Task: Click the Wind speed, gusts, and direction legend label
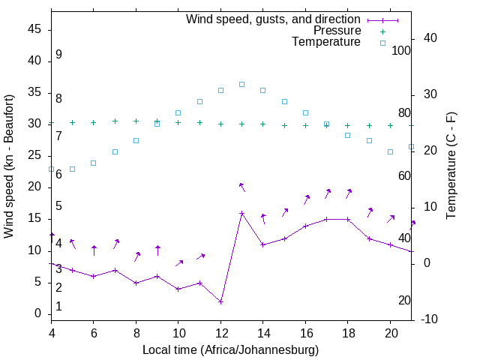point(274,19)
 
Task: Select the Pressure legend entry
point(337,31)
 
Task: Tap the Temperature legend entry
point(326,43)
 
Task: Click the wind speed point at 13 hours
point(241,213)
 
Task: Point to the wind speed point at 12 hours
point(220,301)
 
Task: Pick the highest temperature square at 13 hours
point(241,84)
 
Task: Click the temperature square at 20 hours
point(390,151)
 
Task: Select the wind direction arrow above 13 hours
point(241,187)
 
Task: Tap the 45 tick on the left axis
point(35,28)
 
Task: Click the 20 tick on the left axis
point(35,187)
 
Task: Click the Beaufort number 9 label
point(58,55)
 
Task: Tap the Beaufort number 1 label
point(58,307)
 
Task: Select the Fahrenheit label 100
point(401,50)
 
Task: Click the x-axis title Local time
point(230,349)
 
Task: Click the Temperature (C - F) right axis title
point(451,166)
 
